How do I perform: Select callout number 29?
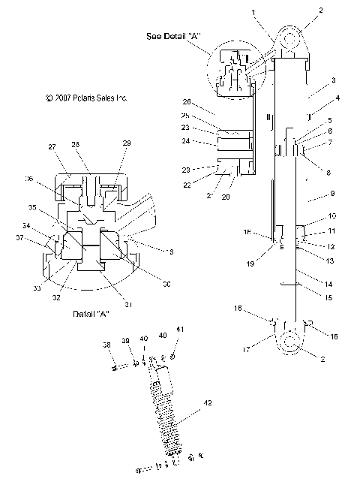(x=127, y=143)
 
